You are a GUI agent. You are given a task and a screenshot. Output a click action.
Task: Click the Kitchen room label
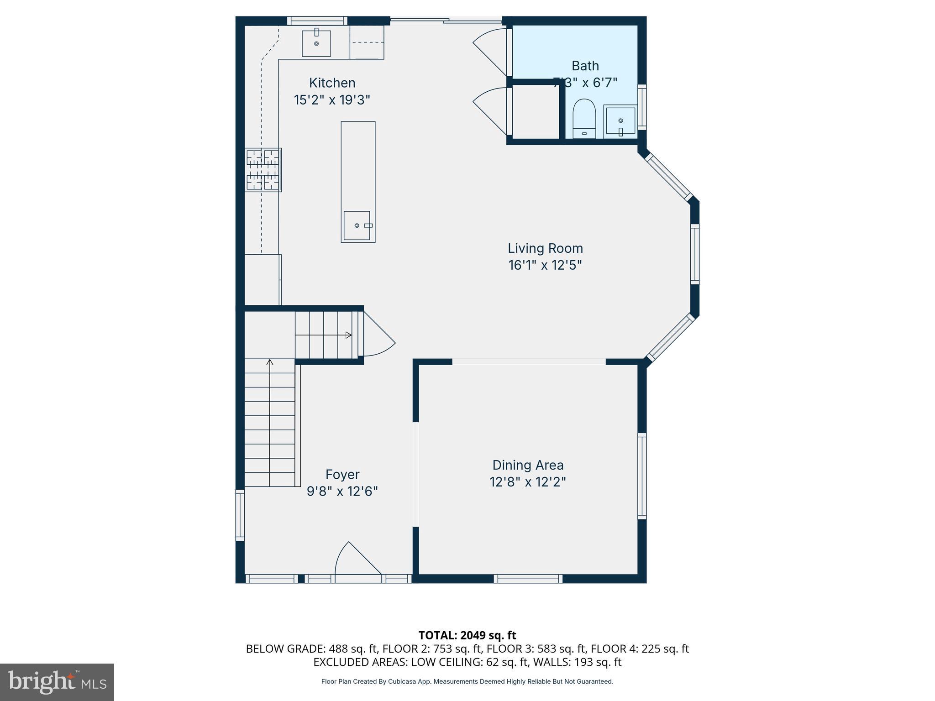pos(332,83)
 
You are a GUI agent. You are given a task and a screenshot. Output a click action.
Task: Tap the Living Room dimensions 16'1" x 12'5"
pos(545,265)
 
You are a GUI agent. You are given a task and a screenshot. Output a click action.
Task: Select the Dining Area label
pos(528,465)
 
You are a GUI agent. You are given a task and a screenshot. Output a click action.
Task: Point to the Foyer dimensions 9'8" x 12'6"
pos(342,492)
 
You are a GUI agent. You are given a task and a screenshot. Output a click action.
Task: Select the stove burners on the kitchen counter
pos(263,170)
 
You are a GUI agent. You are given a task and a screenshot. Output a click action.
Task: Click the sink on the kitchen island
pos(357,225)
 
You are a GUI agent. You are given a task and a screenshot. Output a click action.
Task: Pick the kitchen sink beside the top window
pos(316,43)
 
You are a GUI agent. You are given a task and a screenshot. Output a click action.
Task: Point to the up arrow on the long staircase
pos(270,363)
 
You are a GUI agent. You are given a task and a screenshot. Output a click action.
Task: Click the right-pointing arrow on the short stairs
pos(348,335)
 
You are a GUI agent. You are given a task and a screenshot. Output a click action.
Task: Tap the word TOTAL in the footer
pos(437,635)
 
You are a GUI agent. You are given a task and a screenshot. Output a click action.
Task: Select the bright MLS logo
pos(57,682)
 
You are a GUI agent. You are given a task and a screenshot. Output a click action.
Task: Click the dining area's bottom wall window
pos(528,579)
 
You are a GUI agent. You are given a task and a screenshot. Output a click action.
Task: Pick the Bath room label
pos(585,66)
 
